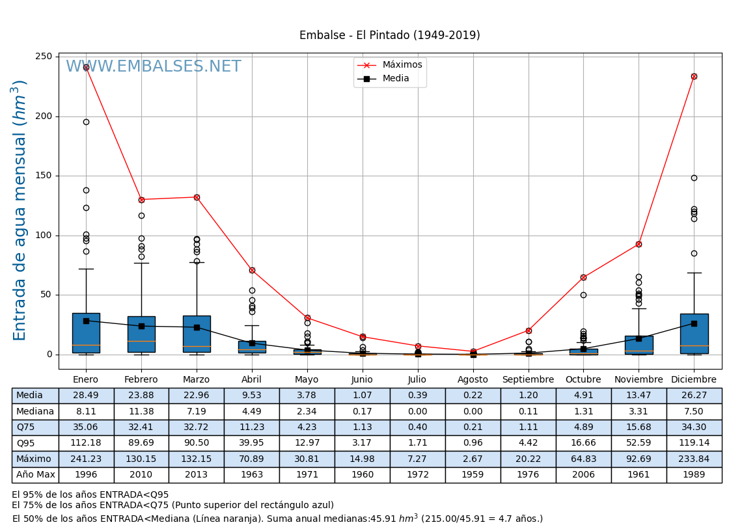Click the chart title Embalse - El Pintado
(x=389, y=35)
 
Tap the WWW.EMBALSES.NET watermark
(x=154, y=67)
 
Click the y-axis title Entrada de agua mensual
(x=20, y=210)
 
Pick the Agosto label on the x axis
(x=473, y=380)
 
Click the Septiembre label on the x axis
(x=528, y=380)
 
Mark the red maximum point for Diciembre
(x=694, y=76)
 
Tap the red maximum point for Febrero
(x=141, y=200)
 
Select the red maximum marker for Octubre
(x=583, y=277)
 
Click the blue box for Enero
(x=86, y=332)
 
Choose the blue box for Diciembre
(x=694, y=333)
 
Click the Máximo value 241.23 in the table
(x=86, y=459)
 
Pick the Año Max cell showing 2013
(x=197, y=475)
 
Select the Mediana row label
(x=35, y=412)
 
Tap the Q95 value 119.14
(x=694, y=444)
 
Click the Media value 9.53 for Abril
(x=251, y=396)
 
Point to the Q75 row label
(x=35, y=427)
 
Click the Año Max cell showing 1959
(x=473, y=475)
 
